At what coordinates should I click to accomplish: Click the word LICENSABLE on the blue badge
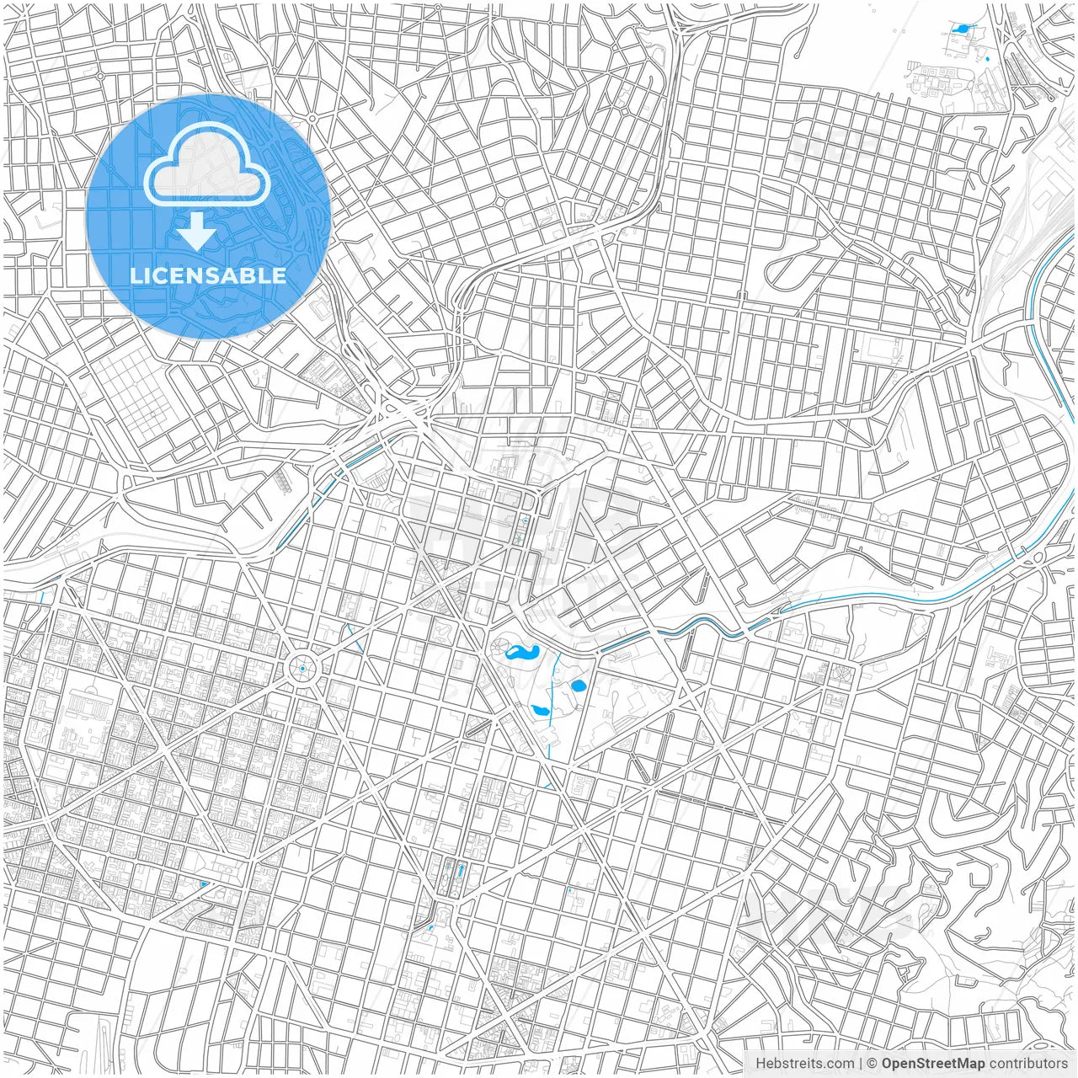click(207, 275)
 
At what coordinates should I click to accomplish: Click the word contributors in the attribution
click(1028, 1064)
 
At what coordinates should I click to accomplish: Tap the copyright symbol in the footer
click(873, 1064)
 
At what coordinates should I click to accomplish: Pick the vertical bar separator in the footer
click(861, 1064)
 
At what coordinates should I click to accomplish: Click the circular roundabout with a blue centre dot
click(302, 669)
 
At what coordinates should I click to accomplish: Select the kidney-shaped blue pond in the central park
click(522, 653)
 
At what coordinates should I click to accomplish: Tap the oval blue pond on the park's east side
click(578, 686)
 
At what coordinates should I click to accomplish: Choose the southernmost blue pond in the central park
click(540, 712)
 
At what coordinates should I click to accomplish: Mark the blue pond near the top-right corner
click(961, 29)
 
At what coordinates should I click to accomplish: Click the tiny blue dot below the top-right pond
click(987, 59)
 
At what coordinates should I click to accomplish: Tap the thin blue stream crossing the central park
click(552, 707)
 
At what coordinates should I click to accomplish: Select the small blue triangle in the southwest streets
click(205, 883)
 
